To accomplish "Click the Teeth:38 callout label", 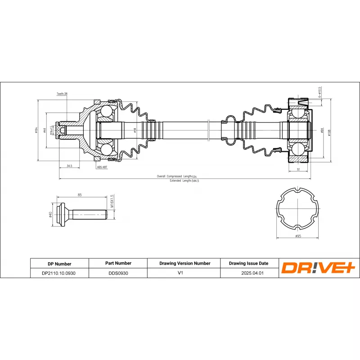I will tap(62, 94).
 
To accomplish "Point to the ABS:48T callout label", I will tap(102, 166).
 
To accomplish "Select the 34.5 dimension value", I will tap(69, 166).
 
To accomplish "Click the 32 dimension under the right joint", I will tap(298, 169).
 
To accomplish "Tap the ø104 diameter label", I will tap(36, 130).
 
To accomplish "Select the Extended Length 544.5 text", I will tap(184, 180).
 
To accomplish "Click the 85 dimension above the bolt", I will tap(80, 195).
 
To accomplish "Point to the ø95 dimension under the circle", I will tap(297, 236).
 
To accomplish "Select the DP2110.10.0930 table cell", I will tap(59, 273).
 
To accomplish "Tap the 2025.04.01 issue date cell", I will tap(248, 273).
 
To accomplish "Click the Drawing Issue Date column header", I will tap(248, 263).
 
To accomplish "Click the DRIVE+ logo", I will tap(319, 268).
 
